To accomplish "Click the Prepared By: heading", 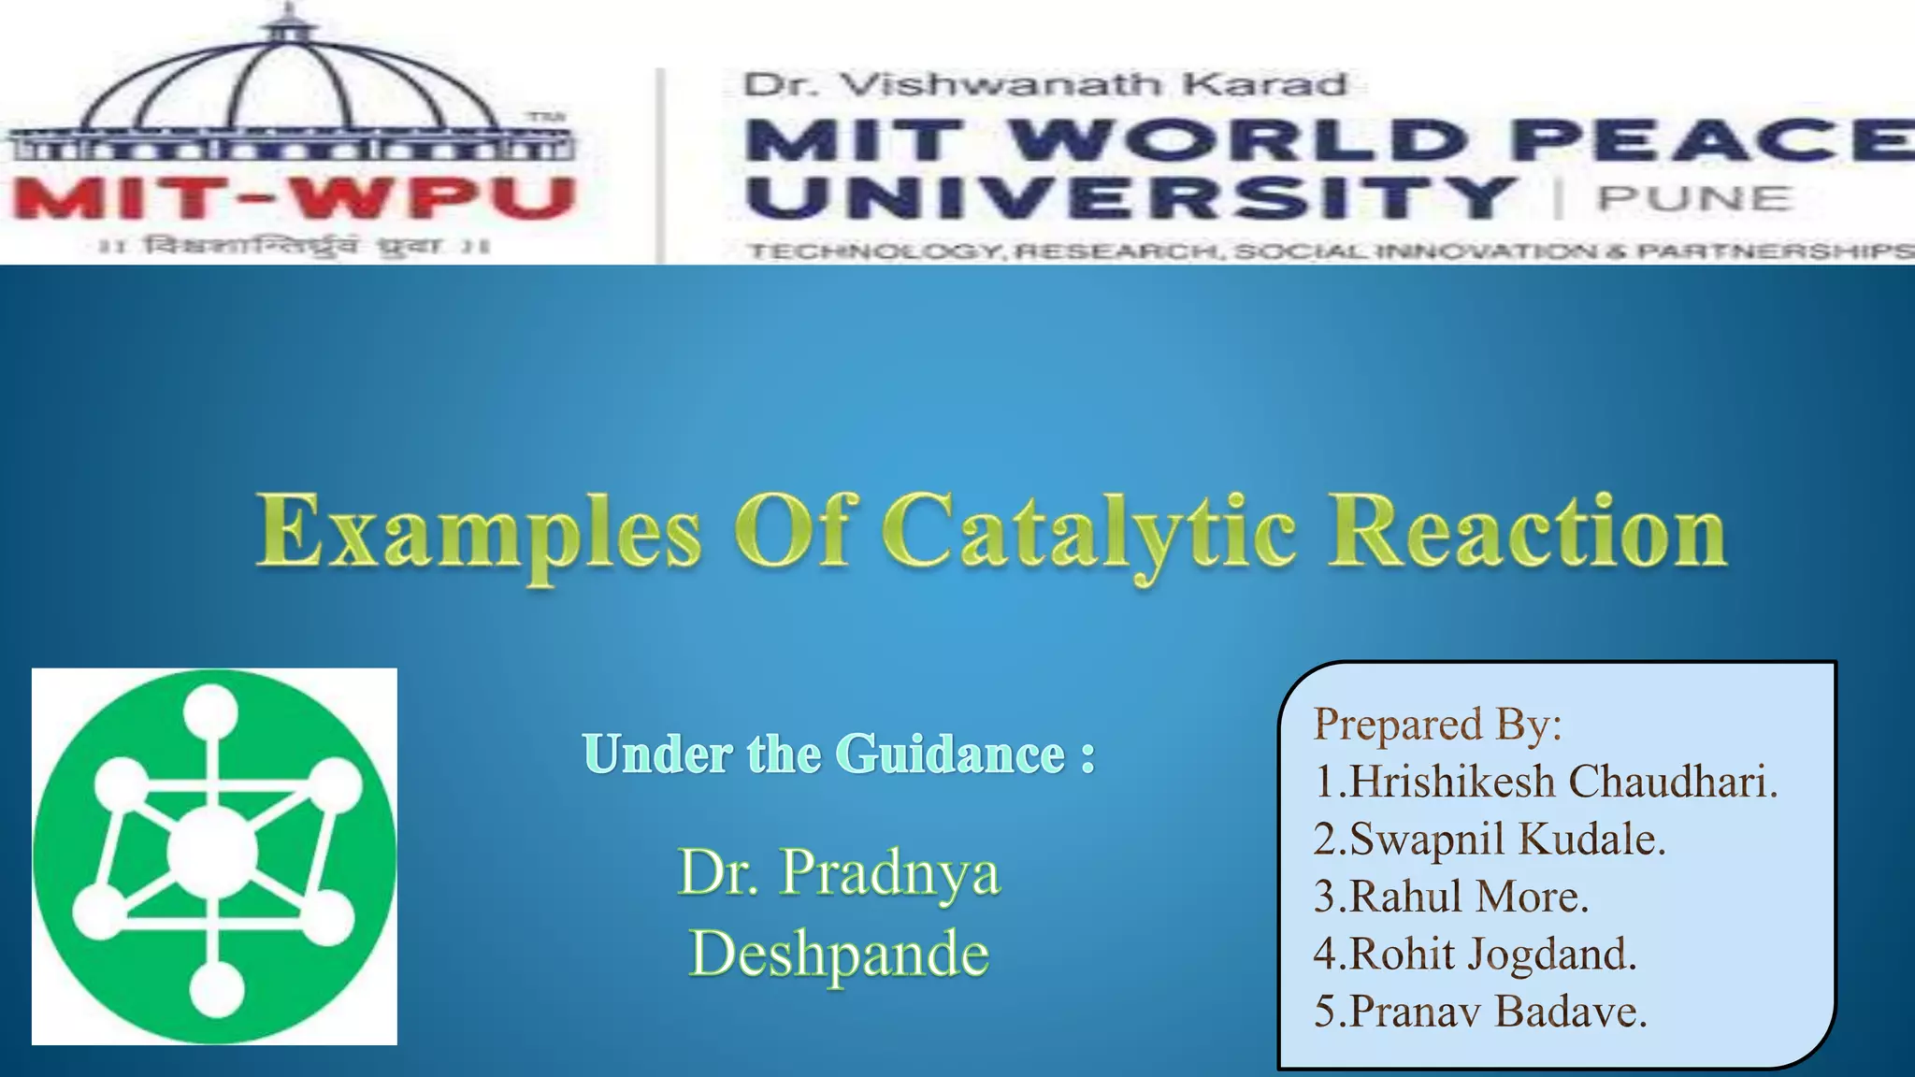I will click(x=1437, y=725).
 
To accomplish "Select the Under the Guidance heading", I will click(x=838, y=754).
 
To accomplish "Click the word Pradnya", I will click(x=889, y=871).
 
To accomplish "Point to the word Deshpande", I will click(x=839, y=954).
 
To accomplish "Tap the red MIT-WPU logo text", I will click(x=292, y=198).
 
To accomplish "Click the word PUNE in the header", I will click(x=1693, y=198).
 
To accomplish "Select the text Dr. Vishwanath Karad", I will click(x=1044, y=85).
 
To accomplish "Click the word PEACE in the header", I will click(x=1711, y=140).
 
